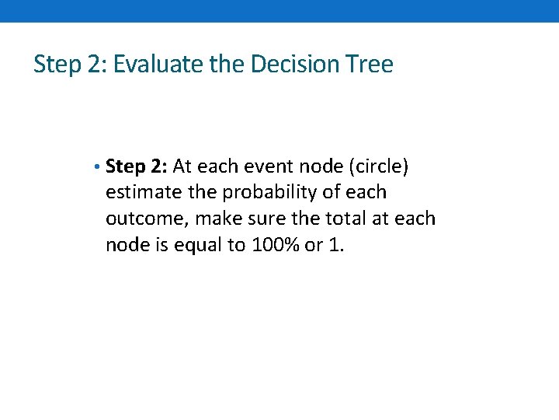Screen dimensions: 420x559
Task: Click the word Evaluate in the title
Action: [x=159, y=64]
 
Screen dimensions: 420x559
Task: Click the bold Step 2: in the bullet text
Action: [x=137, y=166]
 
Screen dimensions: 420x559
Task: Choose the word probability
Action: [x=269, y=192]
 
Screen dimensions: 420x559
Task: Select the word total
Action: [x=342, y=219]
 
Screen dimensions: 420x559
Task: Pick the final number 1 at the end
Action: [x=335, y=245]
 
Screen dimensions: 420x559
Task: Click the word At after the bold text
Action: [x=185, y=166]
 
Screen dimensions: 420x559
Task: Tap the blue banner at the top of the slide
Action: [x=279, y=11]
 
